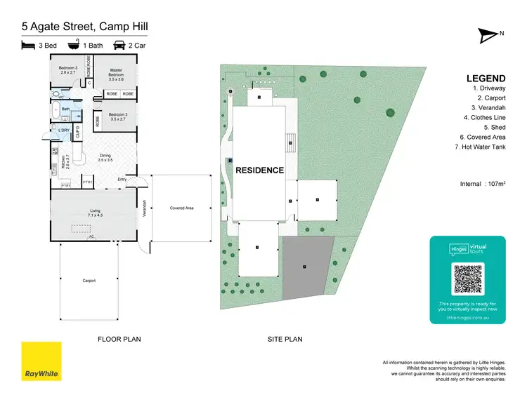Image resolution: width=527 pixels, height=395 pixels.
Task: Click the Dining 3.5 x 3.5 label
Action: [x=105, y=158]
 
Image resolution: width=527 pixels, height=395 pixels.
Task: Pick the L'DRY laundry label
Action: [x=64, y=130]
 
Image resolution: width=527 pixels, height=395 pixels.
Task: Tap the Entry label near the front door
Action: [x=122, y=180]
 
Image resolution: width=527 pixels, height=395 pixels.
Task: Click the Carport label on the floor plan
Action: [x=89, y=281]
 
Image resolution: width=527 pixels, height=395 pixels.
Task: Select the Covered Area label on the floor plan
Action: [x=181, y=208]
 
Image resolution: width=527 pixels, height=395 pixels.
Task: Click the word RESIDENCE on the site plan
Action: [x=259, y=170]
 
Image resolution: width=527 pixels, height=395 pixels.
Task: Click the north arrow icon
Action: [x=489, y=33]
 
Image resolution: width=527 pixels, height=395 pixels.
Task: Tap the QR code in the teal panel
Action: [x=467, y=279]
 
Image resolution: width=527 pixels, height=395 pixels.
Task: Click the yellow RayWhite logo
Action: [x=41, y=361]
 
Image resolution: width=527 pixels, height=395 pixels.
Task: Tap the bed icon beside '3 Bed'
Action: [x=28, y=45]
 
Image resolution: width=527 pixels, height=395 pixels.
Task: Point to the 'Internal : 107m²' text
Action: [x=481, y=183]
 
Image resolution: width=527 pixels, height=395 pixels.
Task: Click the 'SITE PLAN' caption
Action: [x=285, y=339]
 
